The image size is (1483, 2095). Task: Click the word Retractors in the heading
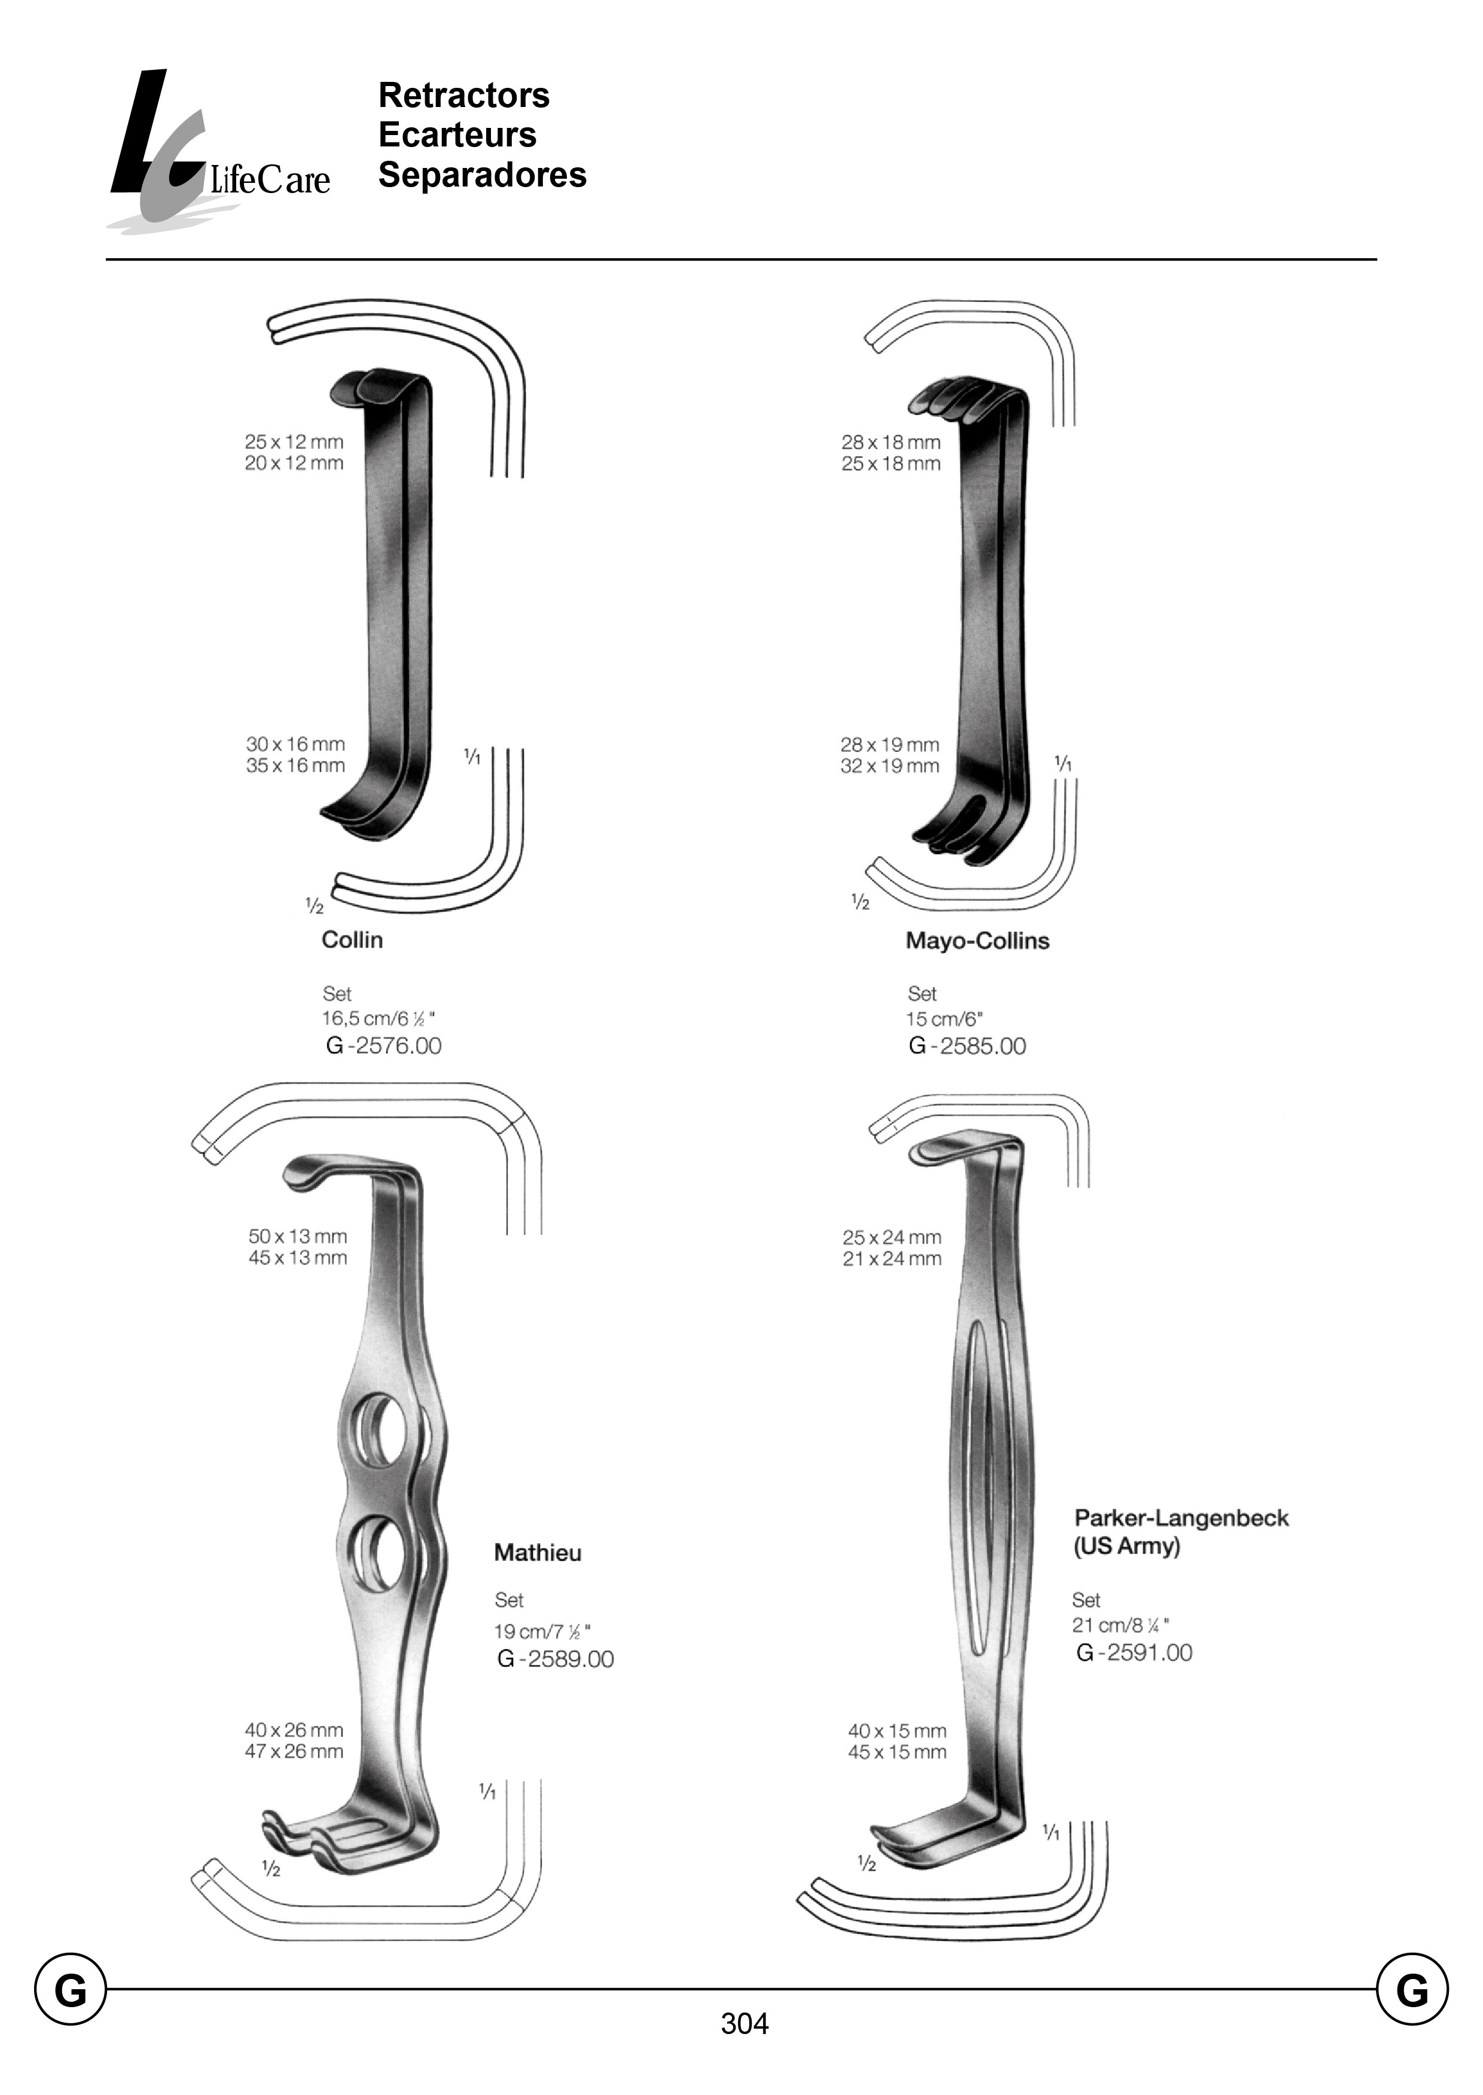pos(464,95)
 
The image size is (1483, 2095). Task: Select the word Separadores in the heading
pos(482,175)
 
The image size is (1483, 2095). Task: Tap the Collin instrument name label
pos(352,940)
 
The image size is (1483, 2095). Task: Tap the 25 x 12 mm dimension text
pos(294,442)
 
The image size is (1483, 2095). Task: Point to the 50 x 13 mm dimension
pos(298,1236)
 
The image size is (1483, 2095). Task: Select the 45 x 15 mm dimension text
pos(897,1752)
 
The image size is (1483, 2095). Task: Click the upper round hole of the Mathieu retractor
pos(381,1430)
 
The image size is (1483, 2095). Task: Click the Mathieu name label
pos(537,1553)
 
